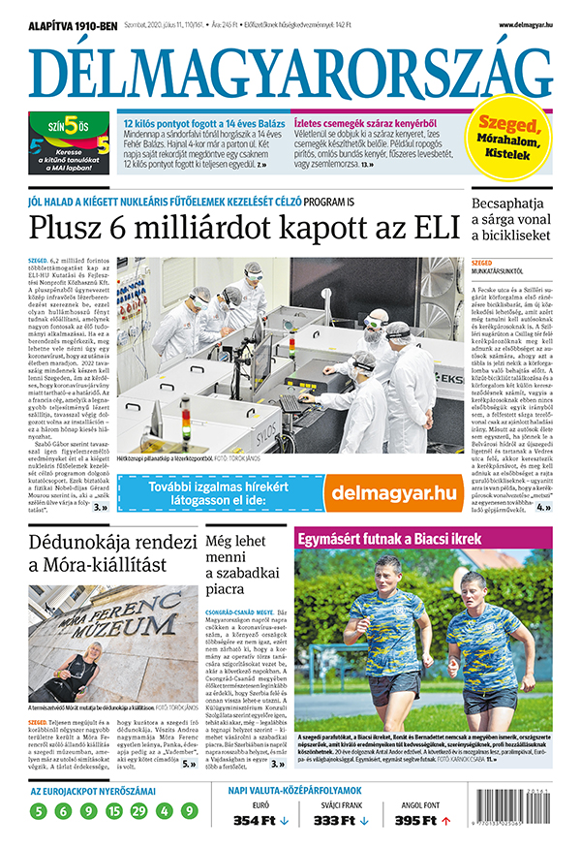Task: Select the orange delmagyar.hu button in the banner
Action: point(393,492)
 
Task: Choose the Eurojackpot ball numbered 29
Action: point(140,811)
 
